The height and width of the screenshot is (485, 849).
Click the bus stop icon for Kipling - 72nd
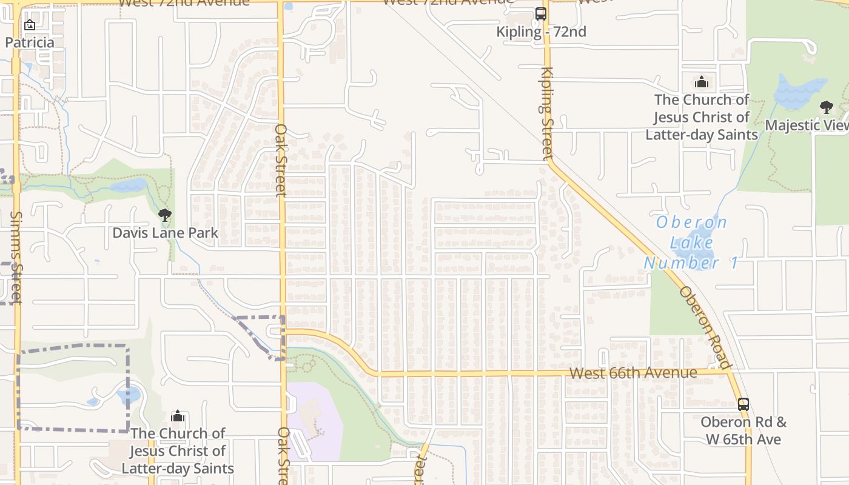pos(540,13)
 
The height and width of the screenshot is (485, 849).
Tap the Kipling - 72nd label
pos(541,32)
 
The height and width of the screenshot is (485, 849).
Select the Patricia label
pos(30,42)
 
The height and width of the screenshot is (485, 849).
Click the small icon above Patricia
pos(29,25)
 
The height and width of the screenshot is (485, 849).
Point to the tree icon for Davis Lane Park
pos(164,215)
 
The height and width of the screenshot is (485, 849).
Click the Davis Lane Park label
pos(165,232)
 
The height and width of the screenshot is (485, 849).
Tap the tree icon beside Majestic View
pos(826,107)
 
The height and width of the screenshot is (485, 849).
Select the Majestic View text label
pos(807,125)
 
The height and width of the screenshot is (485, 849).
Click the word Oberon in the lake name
pos(691,222)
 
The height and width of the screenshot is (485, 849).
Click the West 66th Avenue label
pos(633,372)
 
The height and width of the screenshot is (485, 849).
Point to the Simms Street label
pos(16,257)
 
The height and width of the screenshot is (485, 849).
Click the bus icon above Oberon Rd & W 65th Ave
pos(743,404)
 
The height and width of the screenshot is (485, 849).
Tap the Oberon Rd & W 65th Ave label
pos(743,430)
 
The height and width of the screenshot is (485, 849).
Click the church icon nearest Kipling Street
pos(702,82)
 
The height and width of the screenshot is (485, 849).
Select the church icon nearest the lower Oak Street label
pos(178,416)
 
